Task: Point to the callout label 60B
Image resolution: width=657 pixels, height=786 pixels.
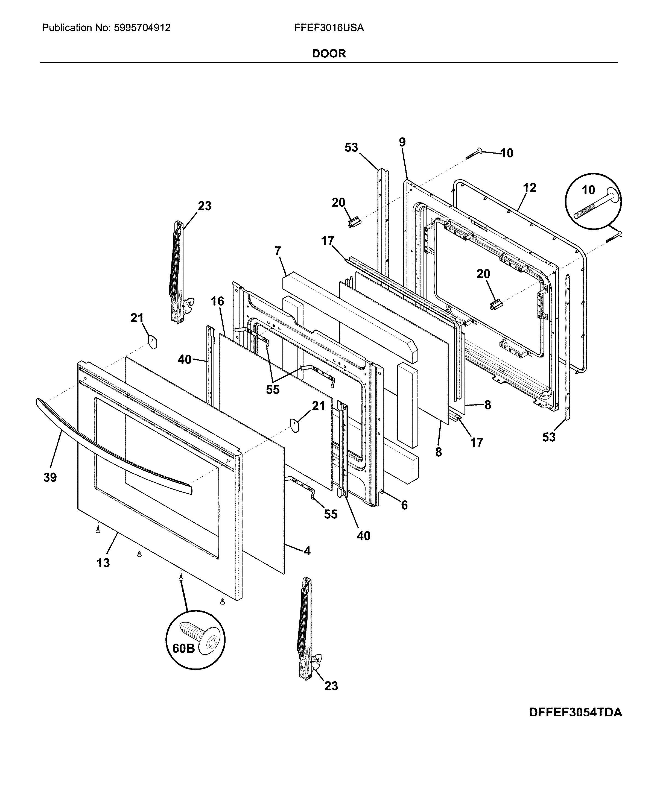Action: [x=183, y=648]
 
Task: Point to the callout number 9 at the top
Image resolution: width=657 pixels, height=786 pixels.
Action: [x=402, y=142]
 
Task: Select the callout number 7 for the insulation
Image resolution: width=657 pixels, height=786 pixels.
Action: [x=278, y=251]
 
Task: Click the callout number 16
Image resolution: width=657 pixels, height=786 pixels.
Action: [x=217, y=301]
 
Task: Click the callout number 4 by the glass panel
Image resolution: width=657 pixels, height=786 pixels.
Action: [x=307, y=551]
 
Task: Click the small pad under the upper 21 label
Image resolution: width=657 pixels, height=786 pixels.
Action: [x=152, y=342]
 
